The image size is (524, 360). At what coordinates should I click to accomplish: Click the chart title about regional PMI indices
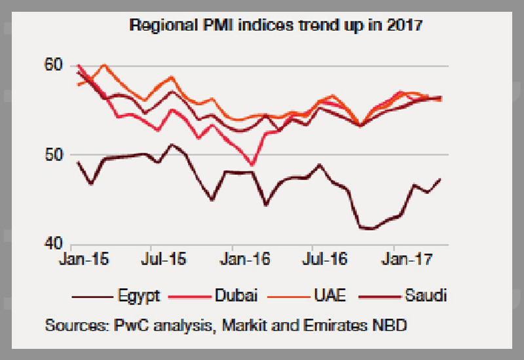click(x=276, y=27)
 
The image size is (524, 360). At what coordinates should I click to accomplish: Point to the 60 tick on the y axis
click(x=54, y=65)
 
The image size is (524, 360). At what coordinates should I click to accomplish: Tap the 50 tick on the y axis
click(x=54, y=155)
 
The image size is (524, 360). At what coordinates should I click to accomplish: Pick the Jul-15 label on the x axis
click(x=162, y=259)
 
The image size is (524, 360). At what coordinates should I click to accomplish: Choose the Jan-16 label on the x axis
click(x=244, y=259)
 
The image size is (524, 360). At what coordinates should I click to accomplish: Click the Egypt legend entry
click(x=140, y=296)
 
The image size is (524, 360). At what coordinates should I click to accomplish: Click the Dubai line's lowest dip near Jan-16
click(x=252, y=164)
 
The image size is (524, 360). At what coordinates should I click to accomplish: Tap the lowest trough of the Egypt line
click(x=367, y=228)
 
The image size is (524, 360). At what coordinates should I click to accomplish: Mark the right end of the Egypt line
click(x=440, y=179)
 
